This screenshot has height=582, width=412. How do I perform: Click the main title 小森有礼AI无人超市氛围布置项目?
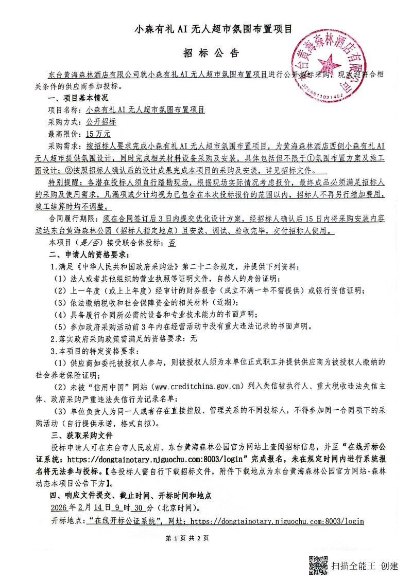[213, 30]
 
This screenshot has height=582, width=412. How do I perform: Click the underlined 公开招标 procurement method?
[101, 122]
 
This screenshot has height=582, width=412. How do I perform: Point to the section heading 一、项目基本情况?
[78, 98]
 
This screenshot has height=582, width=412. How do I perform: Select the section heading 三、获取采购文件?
[78, 435]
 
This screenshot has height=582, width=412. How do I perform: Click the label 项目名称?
[64, 110]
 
